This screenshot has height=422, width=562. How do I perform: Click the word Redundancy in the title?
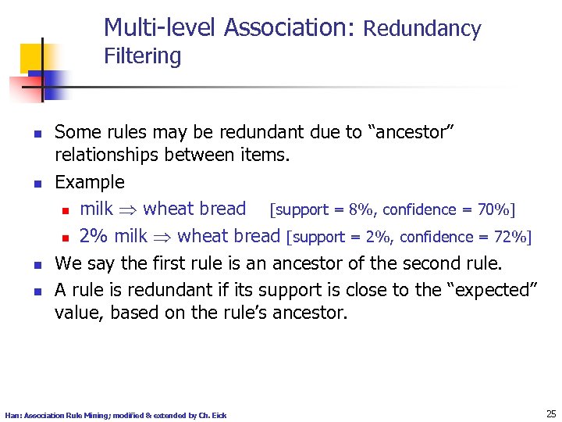coord(422,30)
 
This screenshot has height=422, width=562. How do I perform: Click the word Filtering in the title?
coord(142,56)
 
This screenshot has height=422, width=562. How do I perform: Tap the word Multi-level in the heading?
coord(161,28)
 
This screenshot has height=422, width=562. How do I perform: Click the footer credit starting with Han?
coord(116,415)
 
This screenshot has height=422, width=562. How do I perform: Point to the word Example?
coord(89,183)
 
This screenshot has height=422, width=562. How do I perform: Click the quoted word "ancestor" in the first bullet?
coord(411,133)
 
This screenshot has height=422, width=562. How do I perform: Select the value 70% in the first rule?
coord(493,209)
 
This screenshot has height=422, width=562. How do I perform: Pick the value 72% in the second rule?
coord(510,237)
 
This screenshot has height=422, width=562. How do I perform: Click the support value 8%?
coord(357,209)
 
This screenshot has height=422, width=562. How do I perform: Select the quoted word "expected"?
coord(491,290)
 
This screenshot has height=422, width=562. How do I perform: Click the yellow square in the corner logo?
coord(34,58)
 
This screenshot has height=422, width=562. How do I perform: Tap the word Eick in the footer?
coord(219,415)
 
